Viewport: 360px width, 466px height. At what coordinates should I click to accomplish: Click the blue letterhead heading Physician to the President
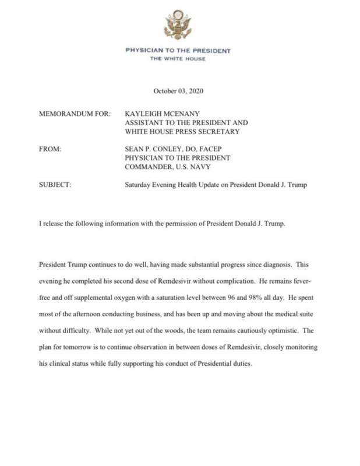(178, 51)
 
